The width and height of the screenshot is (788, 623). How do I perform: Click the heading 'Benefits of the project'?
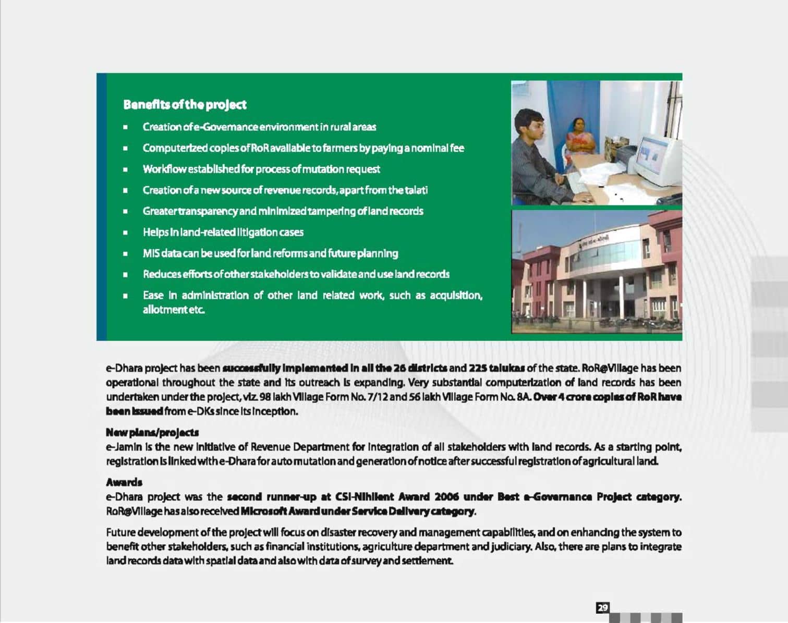click(x=185, y=105)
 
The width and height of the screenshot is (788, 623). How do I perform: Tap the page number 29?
click(x=602, y=607)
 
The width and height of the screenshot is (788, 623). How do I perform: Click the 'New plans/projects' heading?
click(x=152, y=432)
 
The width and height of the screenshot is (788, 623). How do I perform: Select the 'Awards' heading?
click(x=124, y=482)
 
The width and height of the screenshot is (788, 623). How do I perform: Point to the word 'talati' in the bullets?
click(x=416, y=190)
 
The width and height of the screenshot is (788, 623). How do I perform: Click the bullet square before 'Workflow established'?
click(x=126, y=169)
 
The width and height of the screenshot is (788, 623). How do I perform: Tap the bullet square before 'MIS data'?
click(x=126, y=254)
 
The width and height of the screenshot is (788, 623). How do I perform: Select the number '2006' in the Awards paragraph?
click(x=446, y=497)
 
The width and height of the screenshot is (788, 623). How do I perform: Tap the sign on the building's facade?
click(x=595, y=241)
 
